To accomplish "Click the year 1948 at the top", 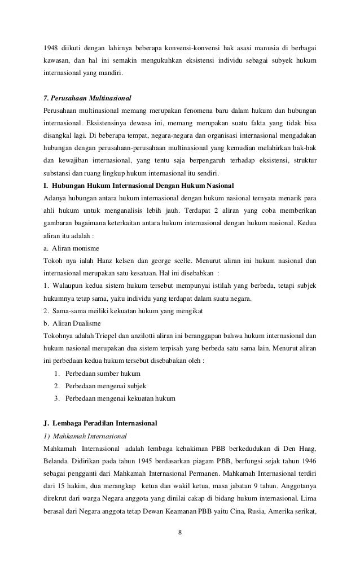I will coord(51,46).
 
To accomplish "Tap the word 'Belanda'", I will coord(56,463).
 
